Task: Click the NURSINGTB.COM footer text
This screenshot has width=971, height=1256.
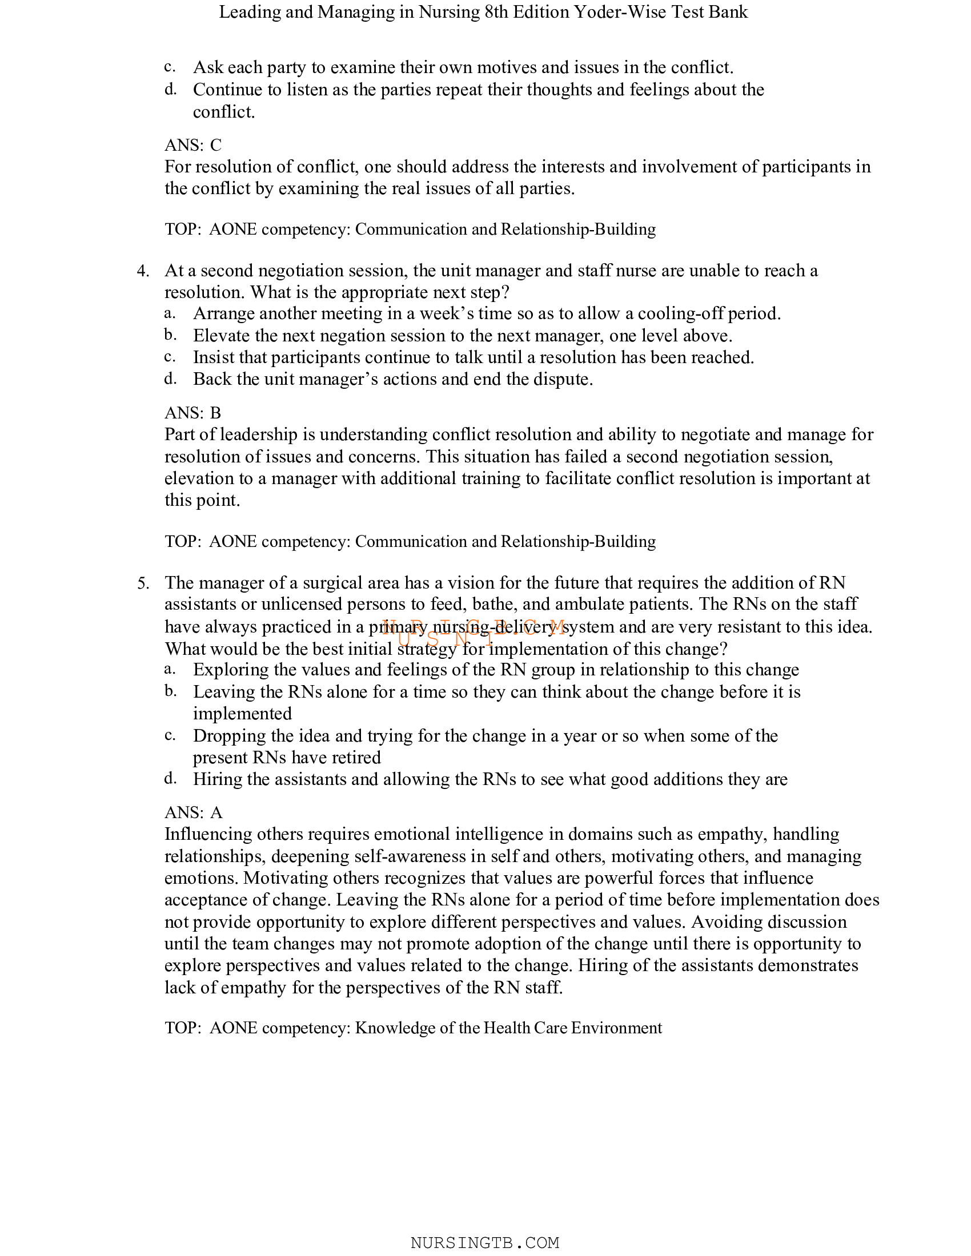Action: point(485,1243)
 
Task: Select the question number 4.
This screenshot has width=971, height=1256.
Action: point(143,271)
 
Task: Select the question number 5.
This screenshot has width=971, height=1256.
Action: point(143,583)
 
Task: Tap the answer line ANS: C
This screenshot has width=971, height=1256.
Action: point(192,145)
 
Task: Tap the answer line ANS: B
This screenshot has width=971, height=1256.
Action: point(192,413)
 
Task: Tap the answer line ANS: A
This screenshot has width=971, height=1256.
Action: point(193,812)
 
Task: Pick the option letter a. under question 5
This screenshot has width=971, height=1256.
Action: point(170,670)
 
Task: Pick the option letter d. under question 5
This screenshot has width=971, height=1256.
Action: point(170,779)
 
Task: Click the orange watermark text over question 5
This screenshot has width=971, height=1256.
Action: point(473,632)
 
